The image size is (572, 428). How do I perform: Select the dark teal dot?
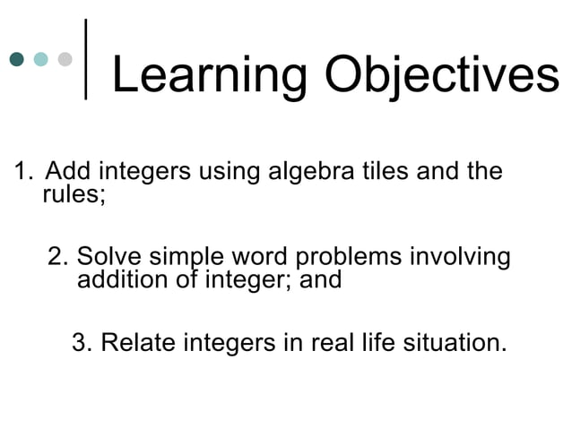16,60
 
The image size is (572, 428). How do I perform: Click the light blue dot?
40,60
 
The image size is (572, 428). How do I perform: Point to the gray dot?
65,60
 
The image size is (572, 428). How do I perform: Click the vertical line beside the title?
86,59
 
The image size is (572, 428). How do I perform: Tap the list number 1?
21,171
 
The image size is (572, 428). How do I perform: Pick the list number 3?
82,343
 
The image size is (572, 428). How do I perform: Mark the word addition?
120,280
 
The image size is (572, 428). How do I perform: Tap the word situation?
454,343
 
